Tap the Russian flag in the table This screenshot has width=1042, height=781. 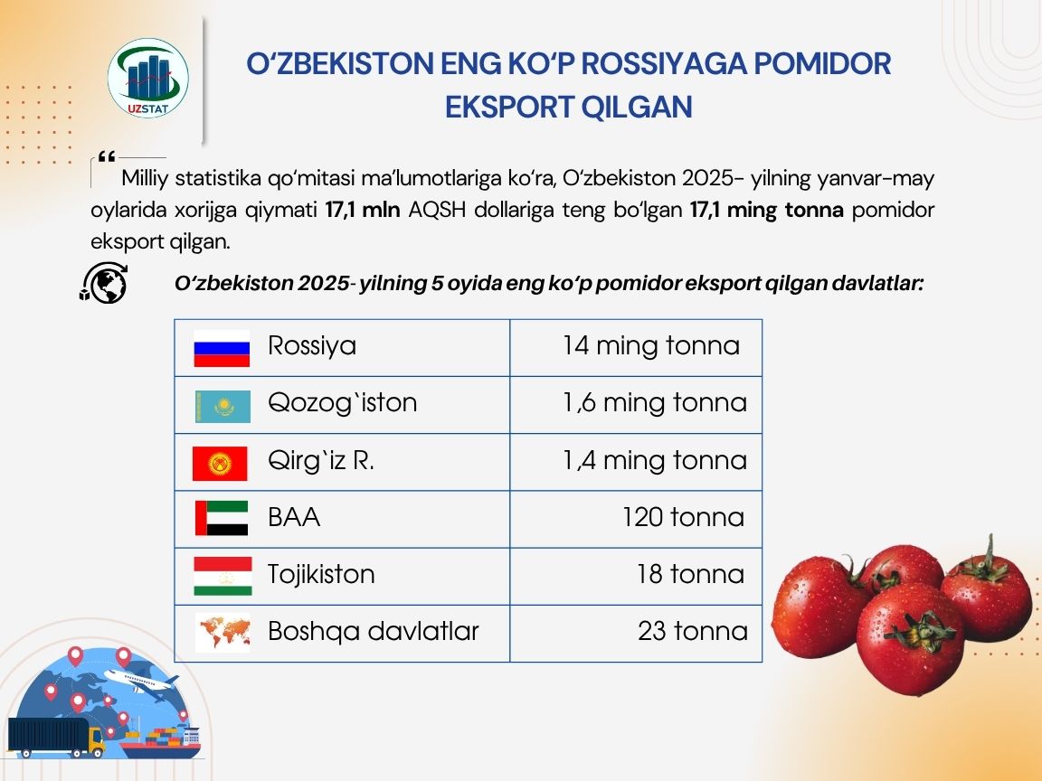click(x=222, y=348)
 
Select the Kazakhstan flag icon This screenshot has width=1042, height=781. click(x=222, y=406)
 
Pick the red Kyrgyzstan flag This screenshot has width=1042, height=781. click(x=220, y=464)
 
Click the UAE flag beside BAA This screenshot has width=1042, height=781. click(x=222, y=518)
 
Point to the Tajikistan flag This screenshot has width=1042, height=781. click(x=222, y=576)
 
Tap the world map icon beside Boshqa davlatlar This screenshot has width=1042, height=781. click(x=222, y=632)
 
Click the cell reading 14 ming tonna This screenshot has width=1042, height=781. click(x=650, y=346)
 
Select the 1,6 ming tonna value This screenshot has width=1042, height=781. click(x=655, y=403)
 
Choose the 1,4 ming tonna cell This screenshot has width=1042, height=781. click(x=655, y=460)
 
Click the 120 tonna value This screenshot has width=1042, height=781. click(x=683, y=517)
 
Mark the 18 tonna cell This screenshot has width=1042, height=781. click(x=690, y=574)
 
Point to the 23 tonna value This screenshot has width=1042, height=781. click(x=692, y=631)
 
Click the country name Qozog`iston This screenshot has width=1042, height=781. click(x=343, y=403)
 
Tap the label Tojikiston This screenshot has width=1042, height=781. click(x=321, y=574)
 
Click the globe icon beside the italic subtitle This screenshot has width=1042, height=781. click(x=104, y=284)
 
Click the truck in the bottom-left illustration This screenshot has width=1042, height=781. click(x=54, y=737)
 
